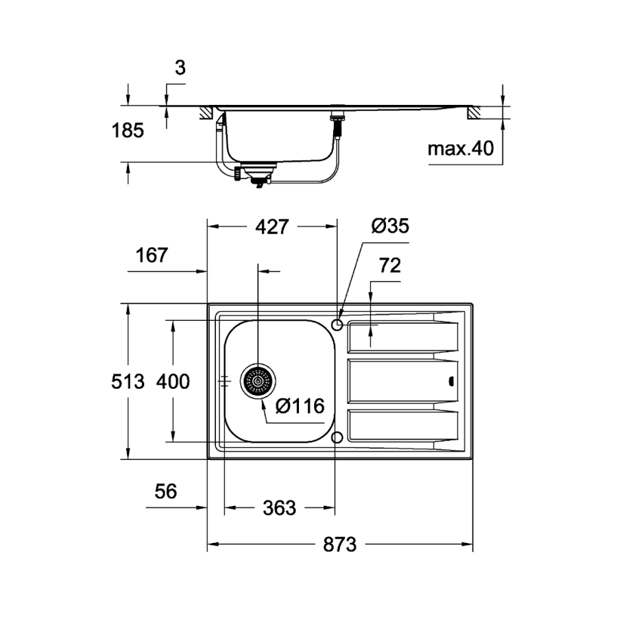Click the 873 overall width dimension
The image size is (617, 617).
340,545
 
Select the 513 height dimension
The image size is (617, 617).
128,381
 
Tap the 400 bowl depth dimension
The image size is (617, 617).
173,381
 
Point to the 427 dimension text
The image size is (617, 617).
272,227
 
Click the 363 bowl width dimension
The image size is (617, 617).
280,508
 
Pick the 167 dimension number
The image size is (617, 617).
152,256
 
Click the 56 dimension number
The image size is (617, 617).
165,492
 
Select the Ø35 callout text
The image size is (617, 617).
390,226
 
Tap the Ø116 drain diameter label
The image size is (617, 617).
299,407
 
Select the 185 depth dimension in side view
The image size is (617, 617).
128,131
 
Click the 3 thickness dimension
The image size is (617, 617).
180,68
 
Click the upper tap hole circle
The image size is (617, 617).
337,324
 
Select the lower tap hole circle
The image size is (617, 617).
337,437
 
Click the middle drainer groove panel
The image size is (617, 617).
402,381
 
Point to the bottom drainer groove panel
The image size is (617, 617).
402,425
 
